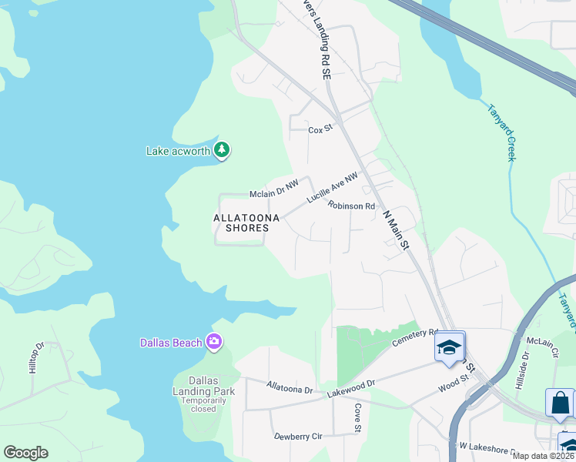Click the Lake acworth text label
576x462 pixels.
[179, 151]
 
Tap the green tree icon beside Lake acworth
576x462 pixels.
[222, 150]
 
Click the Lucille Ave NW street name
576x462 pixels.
[332, 189]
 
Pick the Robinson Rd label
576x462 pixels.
[351, 206]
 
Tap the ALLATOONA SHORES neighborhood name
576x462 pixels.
[241, 223]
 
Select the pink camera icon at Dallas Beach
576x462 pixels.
[214, 342]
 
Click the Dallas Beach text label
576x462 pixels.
[171, 343]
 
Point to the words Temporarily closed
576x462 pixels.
[203, 405]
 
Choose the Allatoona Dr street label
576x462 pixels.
[290, 387]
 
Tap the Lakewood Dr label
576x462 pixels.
[350, 387]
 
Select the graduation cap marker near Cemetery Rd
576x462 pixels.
[450, 347]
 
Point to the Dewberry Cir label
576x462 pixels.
[298, 437]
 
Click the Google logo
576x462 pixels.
[25, 453]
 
